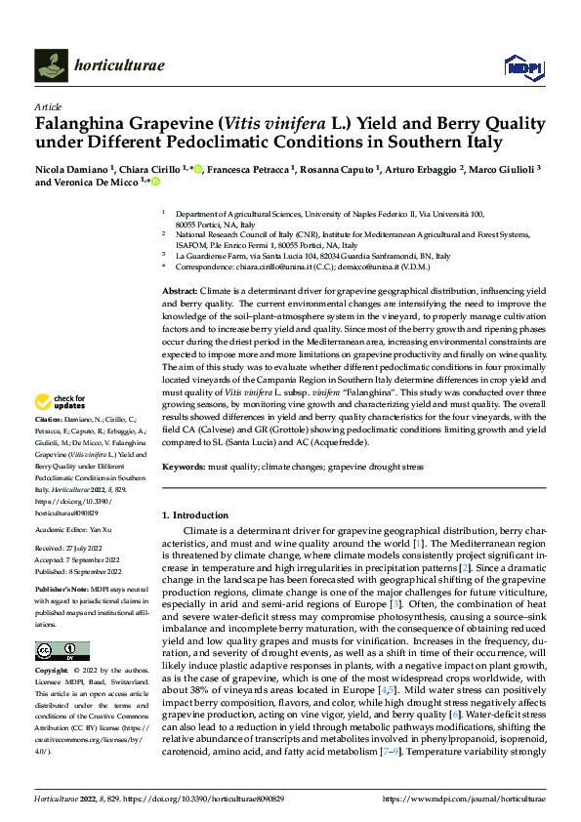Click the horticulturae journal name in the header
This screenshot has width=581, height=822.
coord(118,65)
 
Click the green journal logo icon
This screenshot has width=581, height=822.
coord(52,65)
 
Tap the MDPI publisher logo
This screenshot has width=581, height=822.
coord(522,65)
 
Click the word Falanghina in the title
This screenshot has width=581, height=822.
coord(84,124)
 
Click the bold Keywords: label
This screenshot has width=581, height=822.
coord(184,468)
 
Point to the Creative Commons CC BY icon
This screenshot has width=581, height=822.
coord(62,651)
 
